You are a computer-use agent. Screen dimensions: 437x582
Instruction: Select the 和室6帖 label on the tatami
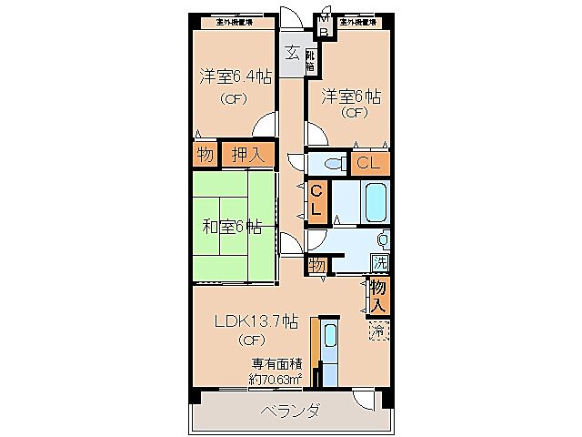[232, 227]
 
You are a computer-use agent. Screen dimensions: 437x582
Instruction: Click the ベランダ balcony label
[289, 411]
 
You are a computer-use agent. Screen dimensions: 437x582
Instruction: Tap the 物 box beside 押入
[205, 155]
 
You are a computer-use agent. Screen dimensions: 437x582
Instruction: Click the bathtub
[374, 201]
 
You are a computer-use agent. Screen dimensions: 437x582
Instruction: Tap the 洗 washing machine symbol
[380, 262]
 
